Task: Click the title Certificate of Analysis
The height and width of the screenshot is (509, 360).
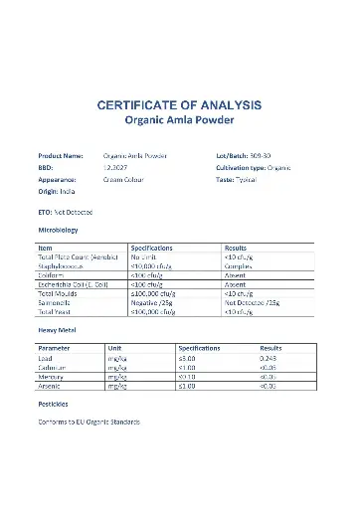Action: [179, 104]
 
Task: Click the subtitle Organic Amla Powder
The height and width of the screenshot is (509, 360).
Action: [179, 120]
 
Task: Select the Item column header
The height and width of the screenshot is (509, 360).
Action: [45, 248]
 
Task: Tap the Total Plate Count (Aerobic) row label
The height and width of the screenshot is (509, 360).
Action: [79, 257]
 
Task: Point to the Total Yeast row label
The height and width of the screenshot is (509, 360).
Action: [56, 311]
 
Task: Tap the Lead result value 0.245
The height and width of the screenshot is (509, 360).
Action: [270, 358]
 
